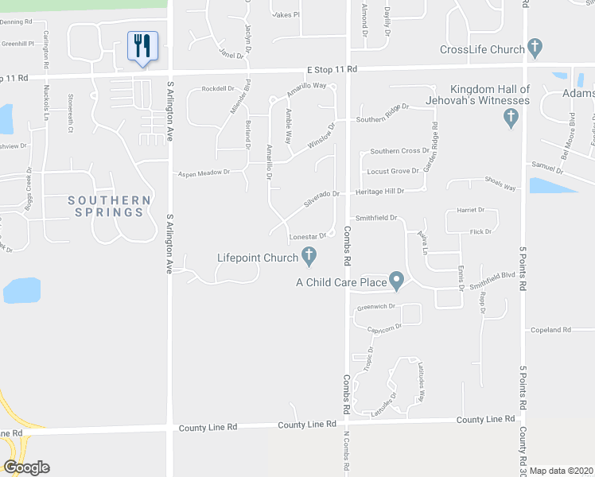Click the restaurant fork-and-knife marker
click(142, 46)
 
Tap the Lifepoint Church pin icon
click(309, 256)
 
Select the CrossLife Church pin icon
click(535, 48)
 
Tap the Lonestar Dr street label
click(309, 237)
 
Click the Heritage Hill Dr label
click(379, 191)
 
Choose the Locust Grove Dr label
click(392, 171)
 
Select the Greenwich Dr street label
click(376, 306)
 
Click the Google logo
click(26, 467)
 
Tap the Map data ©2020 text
click(562, 471)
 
